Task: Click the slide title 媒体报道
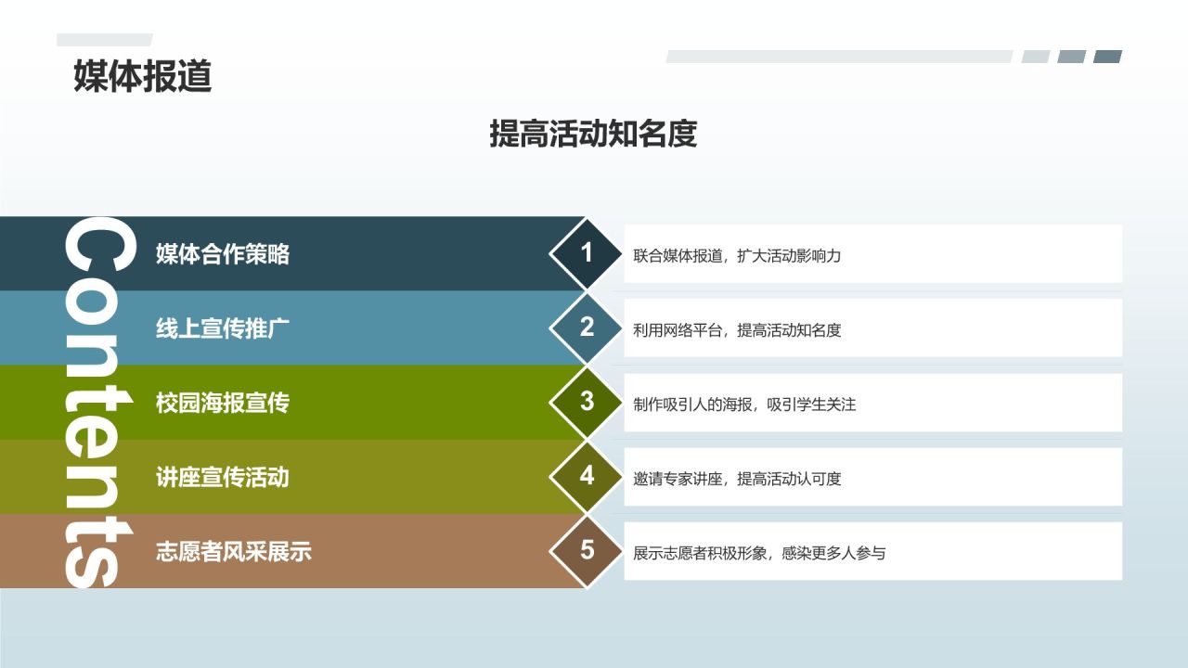tap(143, 76)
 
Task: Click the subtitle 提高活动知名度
tap(593, 135)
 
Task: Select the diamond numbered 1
tap(587, 252)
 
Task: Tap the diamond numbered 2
tap(587, 327)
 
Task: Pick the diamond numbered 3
tap(587, 401)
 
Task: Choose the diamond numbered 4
tap(587, 475)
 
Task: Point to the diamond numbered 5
tap(587, 550)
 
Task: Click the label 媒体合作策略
tap(223, 254)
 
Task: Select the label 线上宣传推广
tap(223, 328)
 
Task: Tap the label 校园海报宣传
tap(223, 403)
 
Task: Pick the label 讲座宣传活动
tap(223, 477)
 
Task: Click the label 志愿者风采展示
tap(234, 552)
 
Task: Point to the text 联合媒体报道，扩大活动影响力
tap(737, 256)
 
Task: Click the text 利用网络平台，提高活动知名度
tap(737, 330)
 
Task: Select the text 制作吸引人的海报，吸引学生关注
tap(744, 405)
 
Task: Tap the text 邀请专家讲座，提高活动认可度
tap(737, 479)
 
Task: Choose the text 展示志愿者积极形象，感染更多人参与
tap(759, 553)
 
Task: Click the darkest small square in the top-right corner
tap(1107, 57)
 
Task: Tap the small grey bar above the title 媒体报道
tap(104, 40)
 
